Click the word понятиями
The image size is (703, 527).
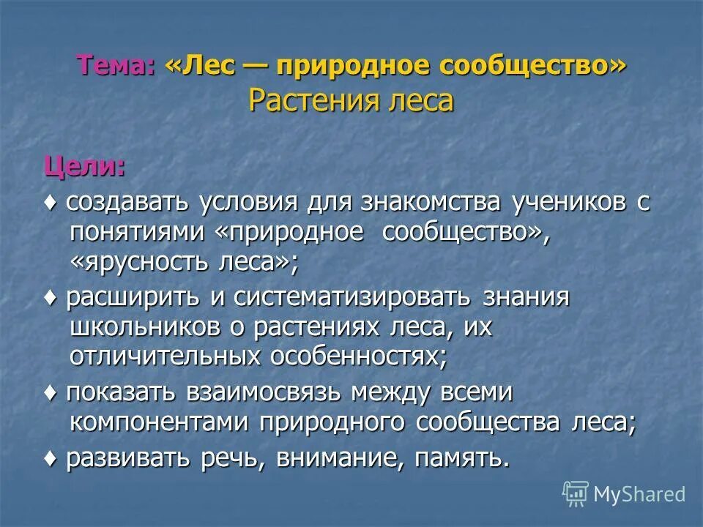pyautogui.click(x=139, y=233)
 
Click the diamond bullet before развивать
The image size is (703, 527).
pyautogui.click(x=51, y=458)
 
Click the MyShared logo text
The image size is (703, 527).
pyautogui.click(x=639, y=494)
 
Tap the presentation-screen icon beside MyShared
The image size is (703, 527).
pyautogui.click(x=576, y=493)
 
